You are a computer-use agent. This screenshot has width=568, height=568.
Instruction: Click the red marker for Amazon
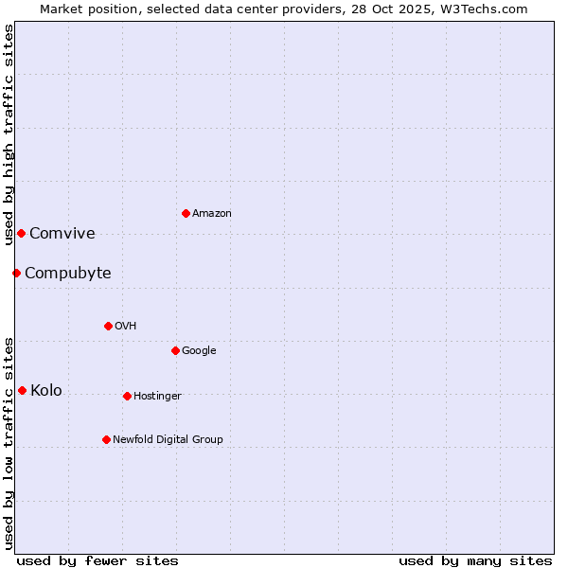pyautogui.click(x=186, y=213)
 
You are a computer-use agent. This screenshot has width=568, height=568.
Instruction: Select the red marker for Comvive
pyautogui.click(x=21, y=233)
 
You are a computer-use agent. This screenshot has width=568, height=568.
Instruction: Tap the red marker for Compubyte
pyautogui.click(x=16, y=273)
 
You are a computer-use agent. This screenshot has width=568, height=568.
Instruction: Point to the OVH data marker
pyautogui.click(x=108, y=326)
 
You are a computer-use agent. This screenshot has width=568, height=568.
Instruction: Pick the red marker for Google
pyautogui.click(x=175, y=350)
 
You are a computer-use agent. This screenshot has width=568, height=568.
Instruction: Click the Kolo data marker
pyautogui.click(x=22, y=390)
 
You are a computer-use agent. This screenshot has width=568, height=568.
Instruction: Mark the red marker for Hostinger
pyautogui.click(x=127, y=396)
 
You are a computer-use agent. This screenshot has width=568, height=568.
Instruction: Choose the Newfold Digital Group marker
pyautogui.click(x=106, y=439)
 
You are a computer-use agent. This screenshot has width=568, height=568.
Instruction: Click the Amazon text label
pyautogui.click(x=212, y=214)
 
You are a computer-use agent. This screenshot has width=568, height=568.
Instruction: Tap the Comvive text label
pyautogui.click(x=62, y=234)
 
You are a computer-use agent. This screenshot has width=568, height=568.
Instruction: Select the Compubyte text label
pyautogui.click(x=68, y=274)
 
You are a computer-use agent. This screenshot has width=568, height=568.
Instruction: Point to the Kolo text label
pyautogui.click(x=46, y=391)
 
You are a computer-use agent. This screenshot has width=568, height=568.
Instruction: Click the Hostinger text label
pyautogui.click(x=157, y=397)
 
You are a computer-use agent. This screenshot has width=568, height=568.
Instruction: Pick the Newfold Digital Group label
pyautogui.click(x=169, y=440)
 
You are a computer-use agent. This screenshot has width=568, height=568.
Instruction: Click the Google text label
pyautogui.click(x=199, y=351)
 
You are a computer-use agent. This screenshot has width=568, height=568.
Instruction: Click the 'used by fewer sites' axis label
pyautogui.click(x=98, y=560)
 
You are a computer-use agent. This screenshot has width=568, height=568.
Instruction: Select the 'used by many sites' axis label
pyautogui.click(x=475, y=560)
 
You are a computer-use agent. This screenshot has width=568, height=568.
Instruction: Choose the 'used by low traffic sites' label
pyautogui.click(x=9, y=442)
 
